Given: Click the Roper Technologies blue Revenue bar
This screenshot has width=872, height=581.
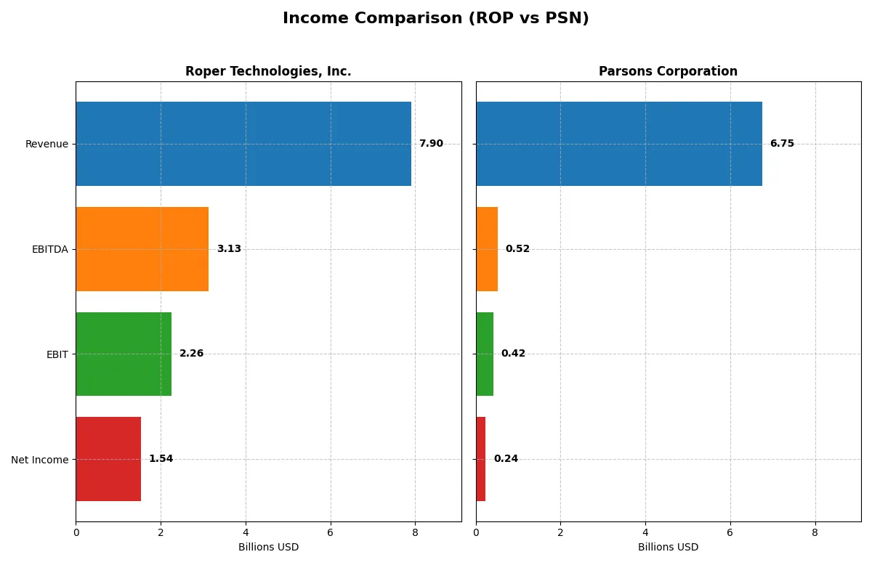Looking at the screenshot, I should [243, 144].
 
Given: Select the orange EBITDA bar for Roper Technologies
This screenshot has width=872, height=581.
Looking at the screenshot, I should [142, 249].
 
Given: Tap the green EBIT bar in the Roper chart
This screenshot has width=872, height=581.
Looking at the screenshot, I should [124, 354].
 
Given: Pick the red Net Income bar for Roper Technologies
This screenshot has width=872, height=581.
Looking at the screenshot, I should [108, 459].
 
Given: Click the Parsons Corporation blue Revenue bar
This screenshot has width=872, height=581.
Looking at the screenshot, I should [619, 144].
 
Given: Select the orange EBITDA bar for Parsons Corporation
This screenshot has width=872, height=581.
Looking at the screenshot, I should [487, 249].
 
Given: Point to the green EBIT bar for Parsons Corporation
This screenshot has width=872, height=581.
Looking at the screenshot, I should [485, 354].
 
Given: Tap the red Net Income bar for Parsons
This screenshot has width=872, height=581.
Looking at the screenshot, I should [481, 459].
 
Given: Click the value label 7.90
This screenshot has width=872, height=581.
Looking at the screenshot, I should [431, 144].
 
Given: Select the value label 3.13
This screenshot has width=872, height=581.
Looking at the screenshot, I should [229, 249].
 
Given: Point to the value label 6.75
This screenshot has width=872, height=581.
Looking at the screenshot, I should [782, 144].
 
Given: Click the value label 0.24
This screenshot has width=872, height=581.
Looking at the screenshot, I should [506, 459].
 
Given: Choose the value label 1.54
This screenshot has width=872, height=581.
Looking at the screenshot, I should [161, 459].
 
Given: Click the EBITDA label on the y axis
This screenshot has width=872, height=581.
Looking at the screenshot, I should [50, 249].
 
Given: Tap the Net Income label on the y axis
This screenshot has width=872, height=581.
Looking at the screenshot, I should [40, 460].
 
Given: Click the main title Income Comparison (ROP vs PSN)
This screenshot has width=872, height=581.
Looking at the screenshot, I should [436, 19].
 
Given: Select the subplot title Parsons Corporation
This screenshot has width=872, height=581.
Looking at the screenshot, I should [668, 71].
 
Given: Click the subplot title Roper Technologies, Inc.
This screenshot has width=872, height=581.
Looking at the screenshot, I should [268, 71].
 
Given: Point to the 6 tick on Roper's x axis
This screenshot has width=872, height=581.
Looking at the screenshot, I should [331, 532].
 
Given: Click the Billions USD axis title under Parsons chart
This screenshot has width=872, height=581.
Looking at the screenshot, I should [668, 547].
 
